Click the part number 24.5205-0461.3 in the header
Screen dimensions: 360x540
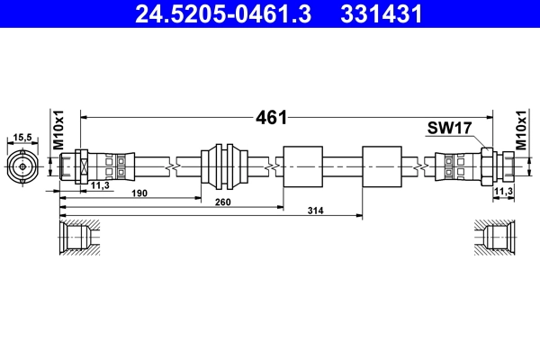229,13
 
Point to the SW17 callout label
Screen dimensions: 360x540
449,130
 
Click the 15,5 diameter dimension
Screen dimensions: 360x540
22,137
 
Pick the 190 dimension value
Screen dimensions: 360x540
139,193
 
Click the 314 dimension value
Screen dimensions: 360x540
314,211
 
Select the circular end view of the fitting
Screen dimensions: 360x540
22,166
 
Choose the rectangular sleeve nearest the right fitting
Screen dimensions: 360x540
381,166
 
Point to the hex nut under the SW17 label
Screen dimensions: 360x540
485,166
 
